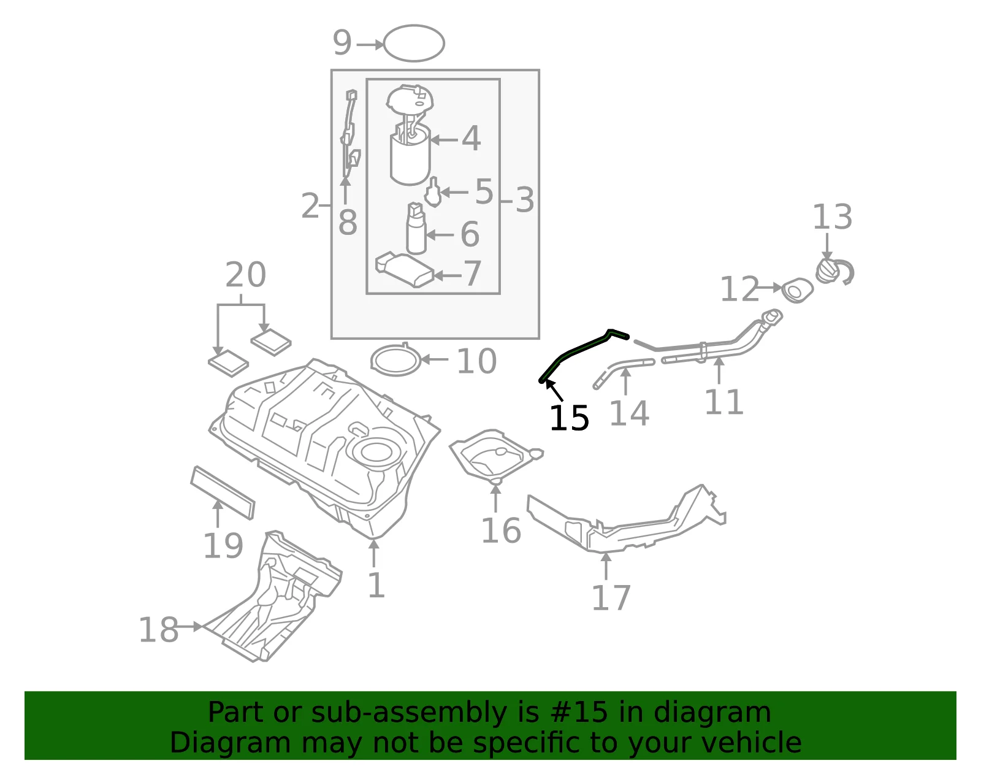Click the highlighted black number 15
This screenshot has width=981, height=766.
coord(569,418)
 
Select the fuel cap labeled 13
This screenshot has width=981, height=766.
coord(834,272)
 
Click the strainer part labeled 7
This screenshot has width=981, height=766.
coord(405,270)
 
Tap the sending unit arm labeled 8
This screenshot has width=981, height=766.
coord(350,132)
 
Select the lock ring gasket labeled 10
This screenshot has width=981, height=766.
coord(395,360)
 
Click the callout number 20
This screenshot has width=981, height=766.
coord(246,274)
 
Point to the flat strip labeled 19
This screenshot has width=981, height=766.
coord(223,492)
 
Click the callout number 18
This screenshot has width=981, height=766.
coord(158,630)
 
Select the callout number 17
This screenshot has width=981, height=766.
coord(611,598)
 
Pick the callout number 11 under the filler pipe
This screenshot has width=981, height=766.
coord(723,402)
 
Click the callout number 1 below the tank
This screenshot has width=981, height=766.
coord(376,586)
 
